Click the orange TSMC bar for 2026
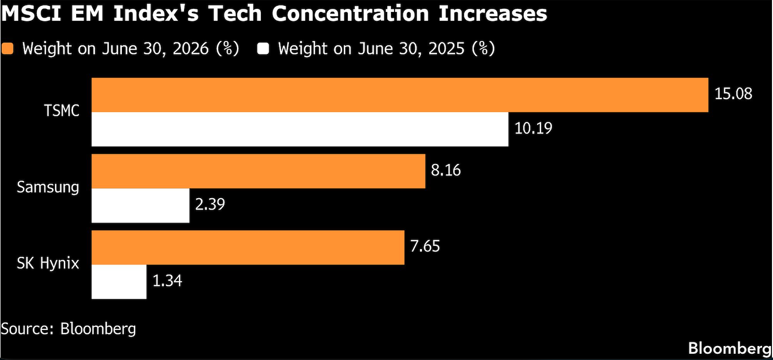pos(400,95)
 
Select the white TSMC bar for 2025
pos(300,129)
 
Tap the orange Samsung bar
pos(259,171)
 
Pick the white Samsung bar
pos(140,205)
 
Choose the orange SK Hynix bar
pos(248,247)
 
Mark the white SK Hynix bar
pos(119,282)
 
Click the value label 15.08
pos(733,94)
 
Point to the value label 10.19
pos(533,128)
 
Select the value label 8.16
pos(446,170)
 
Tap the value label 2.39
pos(210,204)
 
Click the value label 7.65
pos(425,246)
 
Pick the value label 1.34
pos(167,281)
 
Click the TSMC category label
pos(62,111)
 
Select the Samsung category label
pos(48,187)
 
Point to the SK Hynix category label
pos(48,264)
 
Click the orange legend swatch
pos(7,49)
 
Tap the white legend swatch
pos(263,49)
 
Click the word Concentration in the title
pos(350,13)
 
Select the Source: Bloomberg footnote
pos(68,328)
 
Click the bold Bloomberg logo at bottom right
pos(729,349)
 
